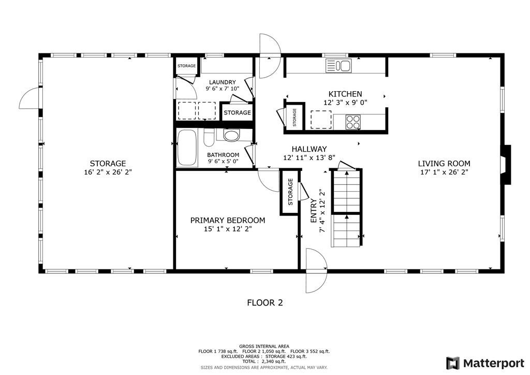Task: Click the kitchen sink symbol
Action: tap(338, 66)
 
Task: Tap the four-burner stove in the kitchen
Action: tap(352, 122)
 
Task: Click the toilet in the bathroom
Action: tap(209, 138)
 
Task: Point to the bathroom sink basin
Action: tap(231, 136)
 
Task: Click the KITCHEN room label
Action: tap(345, 94)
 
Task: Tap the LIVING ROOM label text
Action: tap(444, 164)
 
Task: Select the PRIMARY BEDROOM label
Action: tap(227, 220)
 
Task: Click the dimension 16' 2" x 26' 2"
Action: tap(108, 172)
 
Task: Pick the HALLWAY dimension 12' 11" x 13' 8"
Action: tap(309, 157)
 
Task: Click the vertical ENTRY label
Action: tap(314, 211)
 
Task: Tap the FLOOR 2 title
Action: tap(264, 303)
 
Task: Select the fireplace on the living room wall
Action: tap(506, 165)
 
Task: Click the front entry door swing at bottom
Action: tap(315, 271)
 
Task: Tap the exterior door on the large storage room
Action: tap(30, 98)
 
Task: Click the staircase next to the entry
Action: tap(346, 207)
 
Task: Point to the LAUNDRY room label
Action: tap(223, 82)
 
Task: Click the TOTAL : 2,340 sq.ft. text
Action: tap(264, 362)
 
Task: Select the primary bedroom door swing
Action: tap(269, 180)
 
